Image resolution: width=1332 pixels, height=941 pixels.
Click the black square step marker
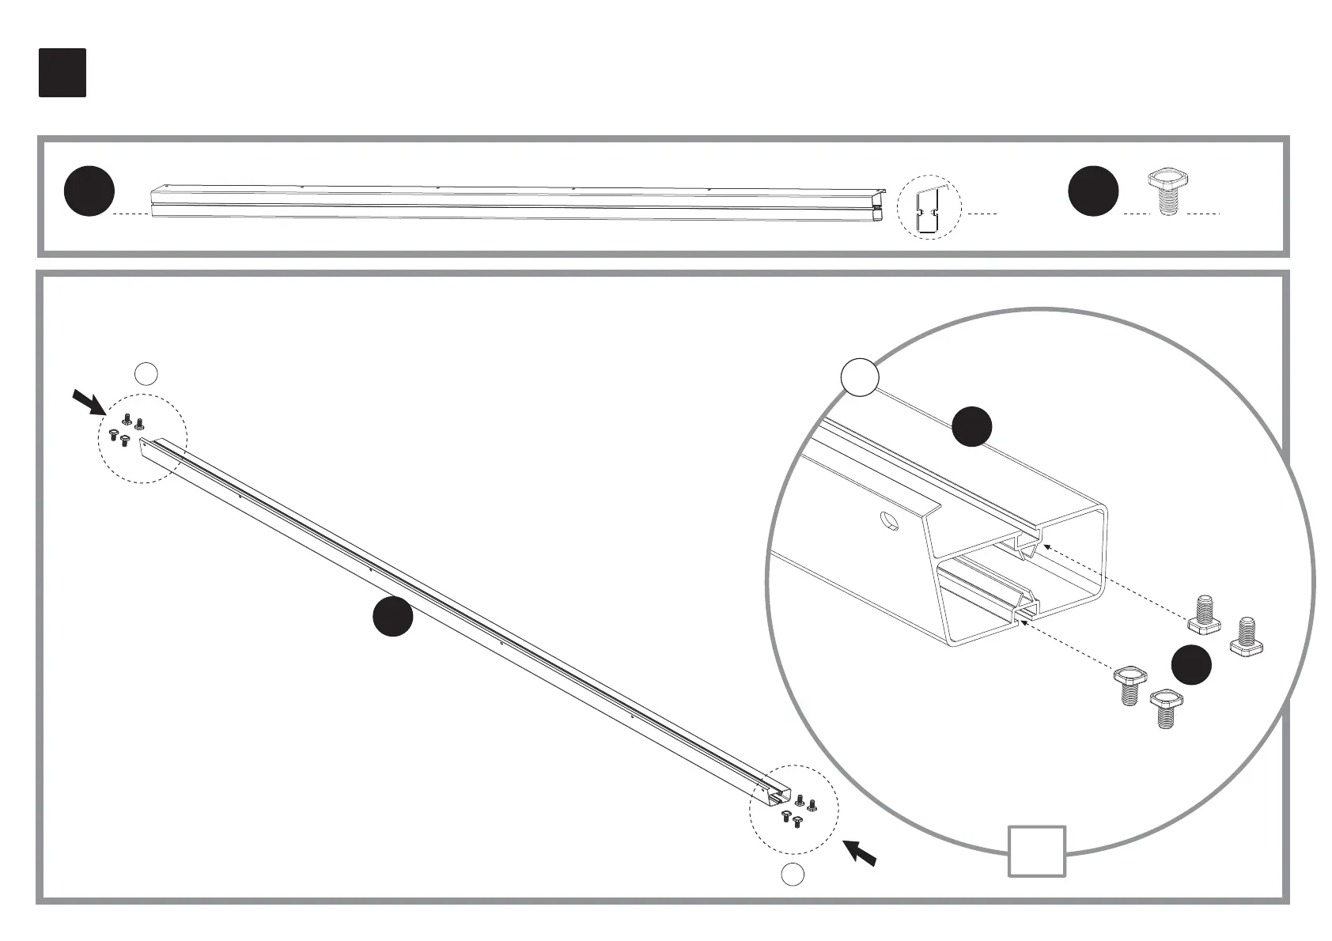pos(62,73)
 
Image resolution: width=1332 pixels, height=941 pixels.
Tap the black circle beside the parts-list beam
pos(89,191)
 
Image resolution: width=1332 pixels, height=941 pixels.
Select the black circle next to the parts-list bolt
pos(1093,191)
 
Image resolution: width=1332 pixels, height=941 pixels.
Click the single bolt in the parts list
pos(1169,192)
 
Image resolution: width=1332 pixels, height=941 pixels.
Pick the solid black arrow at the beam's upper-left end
pos(89,402)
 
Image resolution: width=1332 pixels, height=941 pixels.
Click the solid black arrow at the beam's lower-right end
pos(859,852)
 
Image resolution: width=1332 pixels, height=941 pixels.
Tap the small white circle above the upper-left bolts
pos(146,372)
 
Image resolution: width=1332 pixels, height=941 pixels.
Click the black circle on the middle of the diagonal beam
pos(393,617)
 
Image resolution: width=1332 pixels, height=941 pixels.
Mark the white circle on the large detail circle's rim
pos(860,377)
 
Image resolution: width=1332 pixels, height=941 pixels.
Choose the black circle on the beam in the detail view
pos(971,426)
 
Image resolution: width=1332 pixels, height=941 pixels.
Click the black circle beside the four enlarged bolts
pos(1191,664)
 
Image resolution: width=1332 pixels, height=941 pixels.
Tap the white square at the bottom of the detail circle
pos(1036,851)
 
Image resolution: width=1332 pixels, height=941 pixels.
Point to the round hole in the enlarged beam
pos(890,521)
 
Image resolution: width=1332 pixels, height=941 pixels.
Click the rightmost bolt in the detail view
pos(1246,636)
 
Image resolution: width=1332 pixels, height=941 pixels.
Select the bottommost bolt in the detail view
pos(1162,708)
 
